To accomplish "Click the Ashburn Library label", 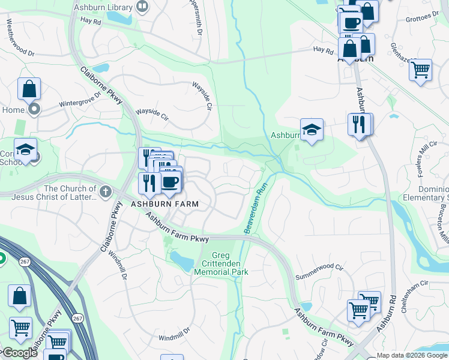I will [x=102, y=8].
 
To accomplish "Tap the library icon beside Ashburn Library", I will [x=142, y=7].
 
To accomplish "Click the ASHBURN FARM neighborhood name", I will [x=164, y=204].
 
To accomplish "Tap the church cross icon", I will [x=106, y=191].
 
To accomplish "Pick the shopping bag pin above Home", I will [x=29, y=89].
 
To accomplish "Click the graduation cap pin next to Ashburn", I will [x=312, y=130].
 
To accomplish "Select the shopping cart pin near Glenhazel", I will [x=420, y=69].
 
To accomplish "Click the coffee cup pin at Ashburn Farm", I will [x=170, y=182].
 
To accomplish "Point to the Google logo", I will [x=19, y=353].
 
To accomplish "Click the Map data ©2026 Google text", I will [x=412, y=355].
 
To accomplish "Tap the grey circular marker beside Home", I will [x=34, y=110].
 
